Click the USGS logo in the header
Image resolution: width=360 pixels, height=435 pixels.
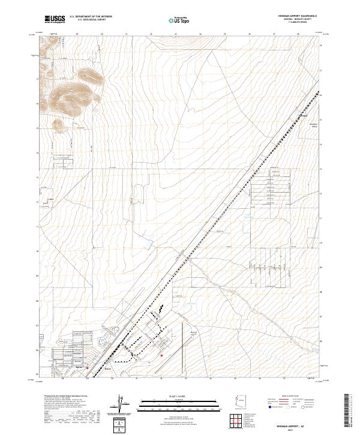(x=53, y=19)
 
